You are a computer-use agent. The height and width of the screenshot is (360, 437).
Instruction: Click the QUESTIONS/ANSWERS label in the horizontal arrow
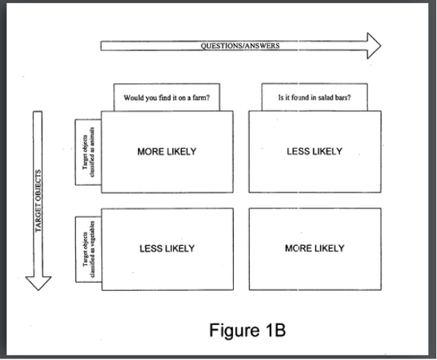[x=240, y=46]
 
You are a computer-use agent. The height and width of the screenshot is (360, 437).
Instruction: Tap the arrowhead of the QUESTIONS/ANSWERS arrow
[x=373, y=46]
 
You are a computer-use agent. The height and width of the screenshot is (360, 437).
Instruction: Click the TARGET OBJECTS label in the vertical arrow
[x=38, y=201]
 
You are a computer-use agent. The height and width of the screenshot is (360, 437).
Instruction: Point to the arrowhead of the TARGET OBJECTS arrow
[x=38, y=283]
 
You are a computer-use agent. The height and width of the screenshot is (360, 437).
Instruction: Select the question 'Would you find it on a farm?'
[x=167, y=98]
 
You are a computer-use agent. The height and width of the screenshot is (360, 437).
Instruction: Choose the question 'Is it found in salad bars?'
[x=314, y=97]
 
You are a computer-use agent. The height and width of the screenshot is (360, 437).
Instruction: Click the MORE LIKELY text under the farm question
[x=167, y=151]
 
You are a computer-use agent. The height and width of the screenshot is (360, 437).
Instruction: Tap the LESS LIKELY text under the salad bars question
[x=314, y=151]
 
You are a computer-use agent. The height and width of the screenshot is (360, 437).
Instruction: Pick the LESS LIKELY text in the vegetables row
[x=167, y=248]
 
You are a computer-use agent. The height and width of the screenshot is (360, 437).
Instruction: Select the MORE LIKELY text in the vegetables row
[x=315, y=248]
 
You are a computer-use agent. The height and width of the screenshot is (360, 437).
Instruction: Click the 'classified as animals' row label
[x=88, y=152]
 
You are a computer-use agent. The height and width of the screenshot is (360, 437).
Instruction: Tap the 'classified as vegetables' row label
[x=89, y=249]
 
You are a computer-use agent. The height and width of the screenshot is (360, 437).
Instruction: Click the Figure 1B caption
[x=248, y=330]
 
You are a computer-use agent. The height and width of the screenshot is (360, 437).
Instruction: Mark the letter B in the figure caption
[x=280, y=330]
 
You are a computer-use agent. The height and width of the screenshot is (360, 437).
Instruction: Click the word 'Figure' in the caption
[x=235, y=331]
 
